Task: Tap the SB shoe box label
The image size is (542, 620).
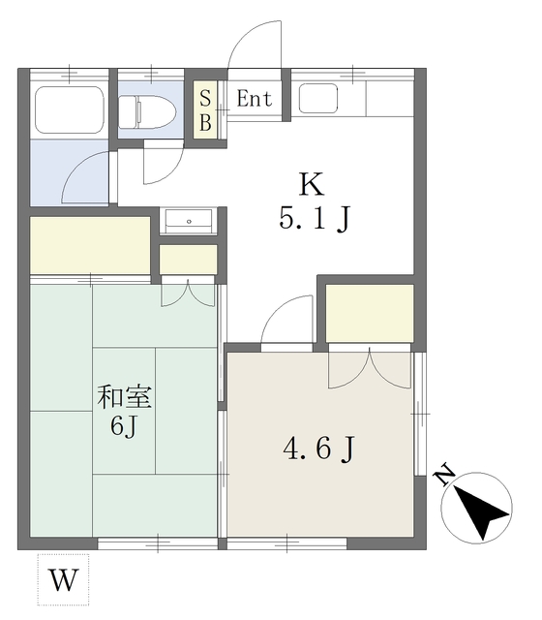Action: (x=205, y=108)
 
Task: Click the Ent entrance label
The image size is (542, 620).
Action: (x=255, y=99)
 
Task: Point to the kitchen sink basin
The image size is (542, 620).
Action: (x=318, y=99)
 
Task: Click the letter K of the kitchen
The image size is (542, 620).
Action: (x=310, y=183)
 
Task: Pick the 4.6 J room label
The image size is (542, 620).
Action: (x=317, y=450)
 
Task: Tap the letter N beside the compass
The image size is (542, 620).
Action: (x=444, y=475)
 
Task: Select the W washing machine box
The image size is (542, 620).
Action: (x=63, y=580)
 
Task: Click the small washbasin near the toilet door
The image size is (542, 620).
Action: (x=188, y=221)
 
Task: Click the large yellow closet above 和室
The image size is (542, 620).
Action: (x=89, y=245)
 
